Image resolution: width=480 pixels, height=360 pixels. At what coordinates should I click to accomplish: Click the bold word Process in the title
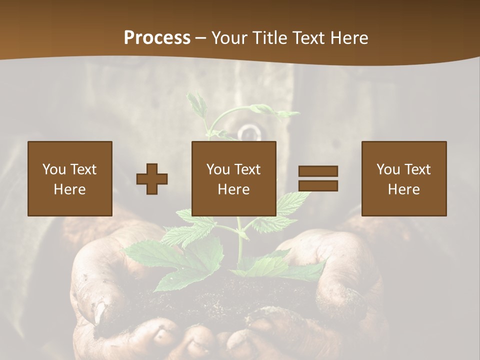coord(157,38)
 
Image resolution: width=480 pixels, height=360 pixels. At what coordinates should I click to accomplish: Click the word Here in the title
coord(348,38)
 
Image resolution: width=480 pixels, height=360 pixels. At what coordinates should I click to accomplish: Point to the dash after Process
coord(201,38)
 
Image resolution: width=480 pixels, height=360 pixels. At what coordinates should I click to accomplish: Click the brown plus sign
coord(152,178)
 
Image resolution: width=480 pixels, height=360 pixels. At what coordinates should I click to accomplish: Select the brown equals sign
coord(318,178)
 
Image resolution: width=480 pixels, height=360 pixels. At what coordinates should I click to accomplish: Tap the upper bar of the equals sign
coord(318,171)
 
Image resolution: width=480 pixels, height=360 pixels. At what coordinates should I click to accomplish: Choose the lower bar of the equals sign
coord(318,186)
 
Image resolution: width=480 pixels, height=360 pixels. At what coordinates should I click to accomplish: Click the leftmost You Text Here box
coord(69,178)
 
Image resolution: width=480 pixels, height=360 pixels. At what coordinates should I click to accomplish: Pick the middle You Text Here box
coord(233,178)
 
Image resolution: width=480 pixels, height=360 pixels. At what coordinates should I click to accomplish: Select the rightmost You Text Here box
coord(403,178)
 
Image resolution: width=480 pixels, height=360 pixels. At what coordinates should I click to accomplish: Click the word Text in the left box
coord(82,169)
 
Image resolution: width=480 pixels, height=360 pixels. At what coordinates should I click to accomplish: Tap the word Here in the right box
coord(403,189)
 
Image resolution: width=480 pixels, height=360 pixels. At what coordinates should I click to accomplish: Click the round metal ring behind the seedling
coord(248,133)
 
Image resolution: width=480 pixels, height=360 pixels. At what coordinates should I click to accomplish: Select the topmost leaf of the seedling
coord(197,102)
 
